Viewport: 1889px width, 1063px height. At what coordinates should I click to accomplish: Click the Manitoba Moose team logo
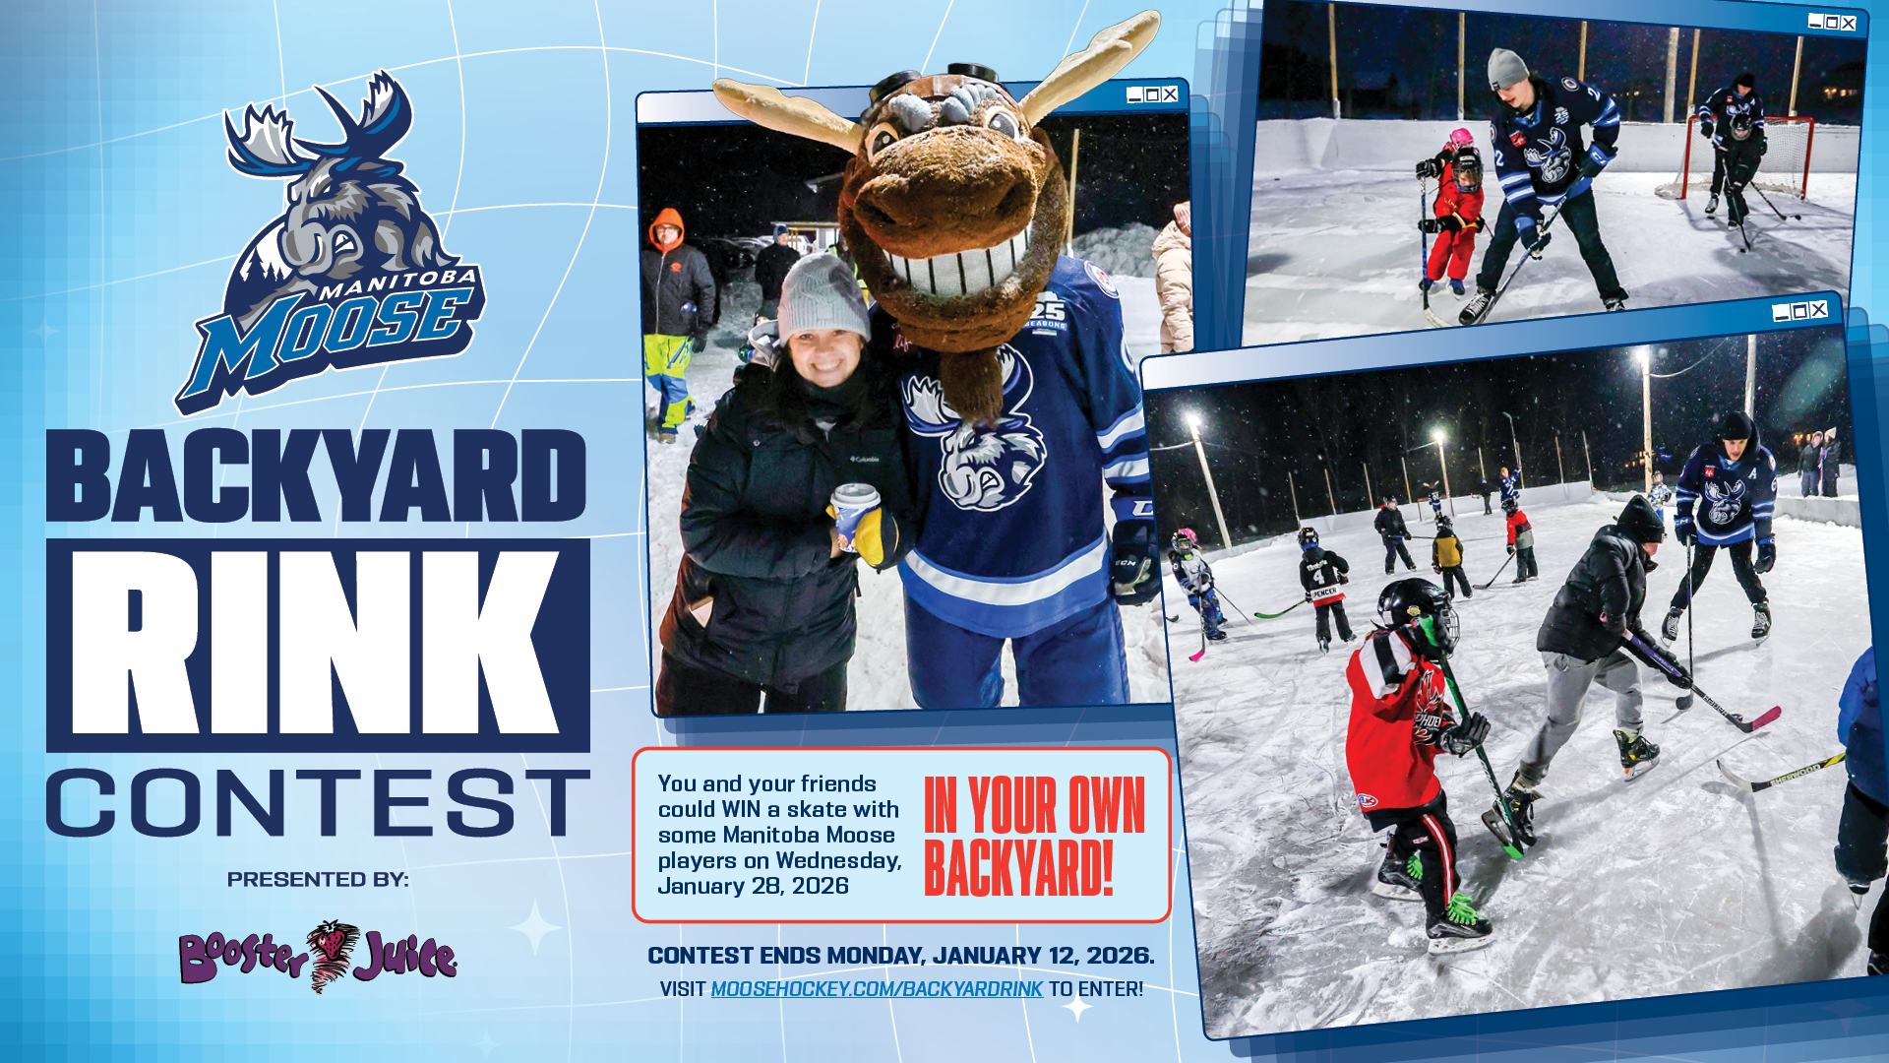pos(330,241)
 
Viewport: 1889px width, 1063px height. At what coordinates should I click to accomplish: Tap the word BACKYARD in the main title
pos(317,476)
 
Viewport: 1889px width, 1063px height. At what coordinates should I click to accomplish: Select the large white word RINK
pos(317,644)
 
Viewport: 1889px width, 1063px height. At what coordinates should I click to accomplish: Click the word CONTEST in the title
pos(318,803)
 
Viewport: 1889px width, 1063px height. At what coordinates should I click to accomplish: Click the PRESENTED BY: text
pos(318,879)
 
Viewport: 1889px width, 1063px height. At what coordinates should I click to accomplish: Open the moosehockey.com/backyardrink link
pos(877,989)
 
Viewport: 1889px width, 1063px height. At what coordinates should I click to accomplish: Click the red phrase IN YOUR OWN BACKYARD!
pos(1034,836)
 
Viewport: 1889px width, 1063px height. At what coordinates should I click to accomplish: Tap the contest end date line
pos(901,956)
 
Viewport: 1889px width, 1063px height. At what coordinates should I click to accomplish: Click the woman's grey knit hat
pos(823,295)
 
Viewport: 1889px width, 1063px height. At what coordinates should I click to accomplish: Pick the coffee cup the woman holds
pos(854,516)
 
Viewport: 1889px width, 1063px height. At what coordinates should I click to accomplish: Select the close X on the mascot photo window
pos(1170,94)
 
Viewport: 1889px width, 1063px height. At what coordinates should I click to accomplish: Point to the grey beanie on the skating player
pos(1506,68)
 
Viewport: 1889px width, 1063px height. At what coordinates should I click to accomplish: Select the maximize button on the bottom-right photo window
pos(1799,312)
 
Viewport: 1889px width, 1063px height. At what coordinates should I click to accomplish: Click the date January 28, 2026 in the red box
pos(753,886)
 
